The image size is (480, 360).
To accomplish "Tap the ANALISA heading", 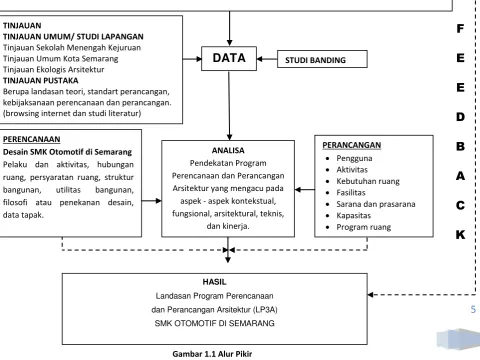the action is pos(228,150).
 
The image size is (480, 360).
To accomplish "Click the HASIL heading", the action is pos(214,282).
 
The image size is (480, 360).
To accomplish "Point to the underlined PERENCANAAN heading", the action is pos(32,139).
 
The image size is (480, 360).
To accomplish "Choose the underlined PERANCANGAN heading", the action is pos(352,145).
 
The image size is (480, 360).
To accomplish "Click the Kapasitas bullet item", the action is pos(353,216).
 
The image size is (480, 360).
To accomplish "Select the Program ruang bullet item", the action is pos(363,227).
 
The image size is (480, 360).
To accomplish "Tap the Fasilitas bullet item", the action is pos(351,193).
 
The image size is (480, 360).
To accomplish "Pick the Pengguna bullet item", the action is pos(354,158).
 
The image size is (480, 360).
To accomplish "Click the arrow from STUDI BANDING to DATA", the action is pos(267,59).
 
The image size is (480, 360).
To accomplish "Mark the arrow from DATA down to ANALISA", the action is pos(229,105).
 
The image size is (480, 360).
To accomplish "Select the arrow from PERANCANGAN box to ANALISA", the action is pos(305,190).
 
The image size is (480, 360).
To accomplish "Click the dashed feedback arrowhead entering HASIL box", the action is pos(371,295).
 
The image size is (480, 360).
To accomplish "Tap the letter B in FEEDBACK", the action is pos(460,146).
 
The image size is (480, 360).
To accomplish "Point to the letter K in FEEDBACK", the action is pos(460,235).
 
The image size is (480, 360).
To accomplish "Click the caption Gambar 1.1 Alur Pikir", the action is pos(212,354).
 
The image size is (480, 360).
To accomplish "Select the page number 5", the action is pos(473,309).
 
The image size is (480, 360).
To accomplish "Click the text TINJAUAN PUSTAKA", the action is pos(41,81).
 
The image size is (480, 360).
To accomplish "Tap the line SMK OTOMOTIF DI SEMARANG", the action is pos(215,323).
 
